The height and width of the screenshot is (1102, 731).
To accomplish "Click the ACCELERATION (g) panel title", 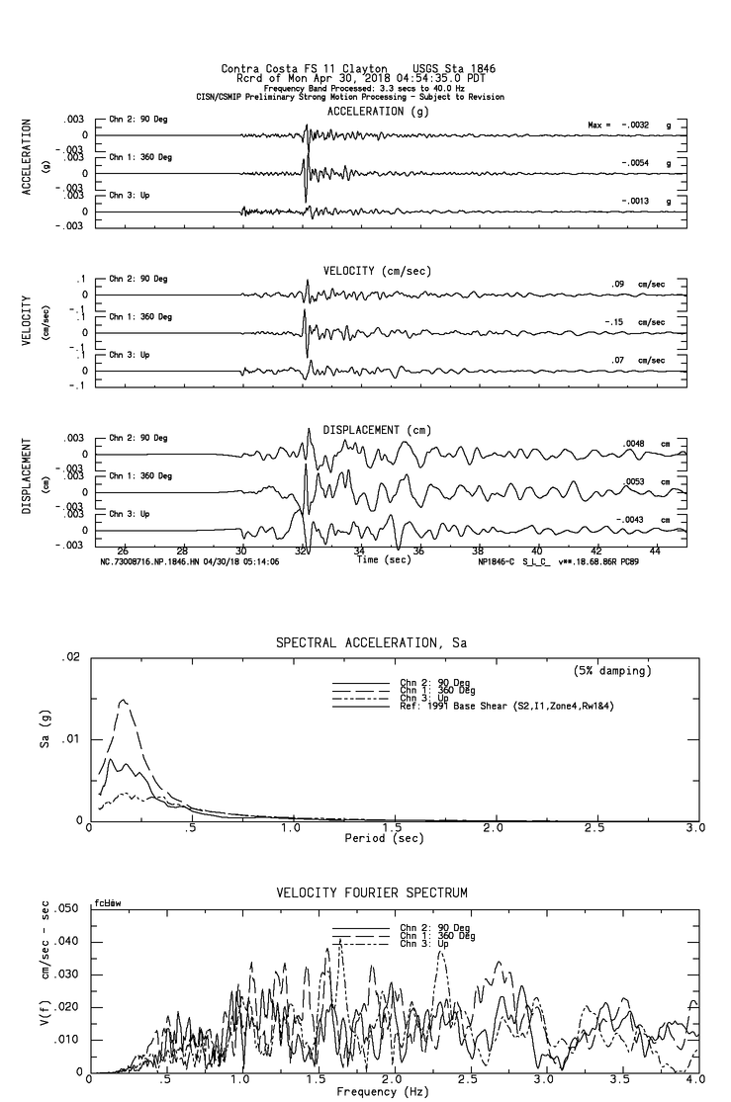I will click(365, 112).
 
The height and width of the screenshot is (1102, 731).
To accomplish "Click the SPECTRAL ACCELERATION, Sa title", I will click(371, 643).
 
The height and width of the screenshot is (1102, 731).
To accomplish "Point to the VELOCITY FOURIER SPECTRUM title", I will click(371, 892).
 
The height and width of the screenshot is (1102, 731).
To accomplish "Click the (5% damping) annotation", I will click(611, 671).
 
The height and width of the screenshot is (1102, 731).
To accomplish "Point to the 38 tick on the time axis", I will click(478, 551).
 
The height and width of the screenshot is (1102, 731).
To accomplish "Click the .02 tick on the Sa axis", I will click(69, 657).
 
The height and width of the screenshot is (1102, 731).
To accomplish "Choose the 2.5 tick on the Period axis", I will click(596, 827).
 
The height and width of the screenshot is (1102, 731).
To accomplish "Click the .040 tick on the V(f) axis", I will click(65, 941).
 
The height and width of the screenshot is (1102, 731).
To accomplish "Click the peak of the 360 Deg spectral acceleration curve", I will click(124, 700).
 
